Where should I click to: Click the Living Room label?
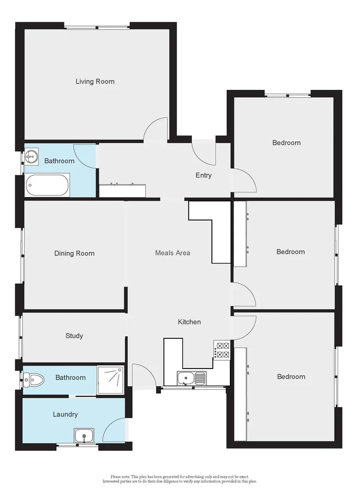point(95,81)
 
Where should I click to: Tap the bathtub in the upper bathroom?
point(47,186)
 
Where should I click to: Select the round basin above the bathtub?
point(32,157)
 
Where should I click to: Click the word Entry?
point(204,175)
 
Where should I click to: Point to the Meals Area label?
point(172,253)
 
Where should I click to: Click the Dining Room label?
point(74,253)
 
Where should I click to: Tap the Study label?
point(74,336)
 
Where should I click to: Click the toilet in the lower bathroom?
point(34,381)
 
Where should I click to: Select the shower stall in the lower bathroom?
point(111,379)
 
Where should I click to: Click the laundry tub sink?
point(84,436)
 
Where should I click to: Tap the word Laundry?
point(65,414)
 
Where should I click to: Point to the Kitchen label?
point(190,322)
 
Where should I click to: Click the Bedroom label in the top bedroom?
point(286,143)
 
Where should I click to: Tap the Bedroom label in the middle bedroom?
point(291,252)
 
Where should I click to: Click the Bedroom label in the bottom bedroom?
point(291,376)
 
